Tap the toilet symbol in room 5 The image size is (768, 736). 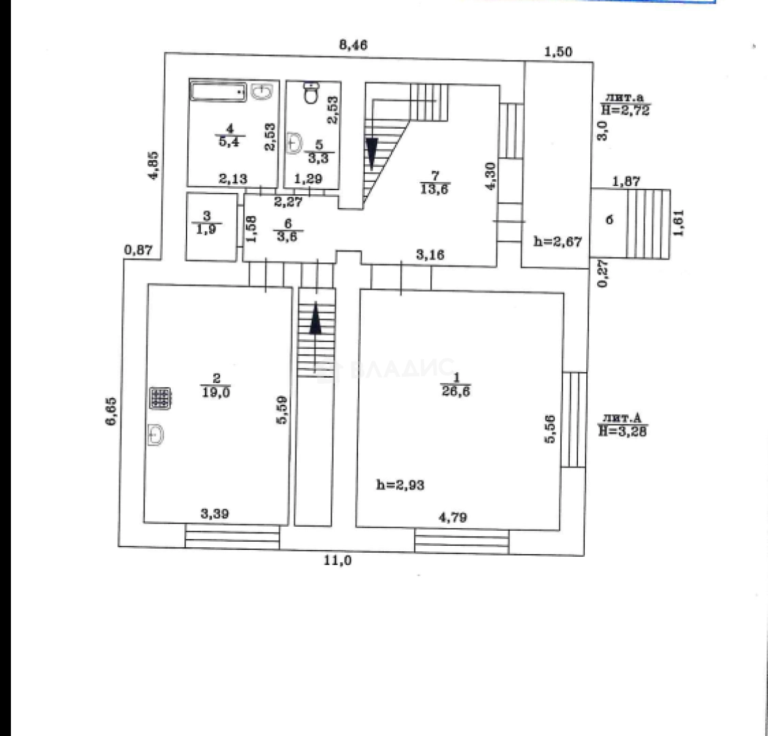tap(310, 93)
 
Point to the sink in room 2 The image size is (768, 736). tap(156, 434)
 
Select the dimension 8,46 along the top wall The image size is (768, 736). tap(353, 46)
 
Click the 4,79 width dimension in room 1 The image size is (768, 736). tap(452, 518)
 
